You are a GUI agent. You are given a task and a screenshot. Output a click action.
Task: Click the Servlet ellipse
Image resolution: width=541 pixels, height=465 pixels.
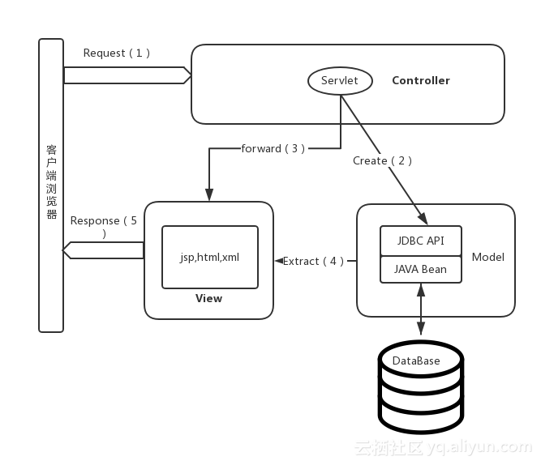[340, 80]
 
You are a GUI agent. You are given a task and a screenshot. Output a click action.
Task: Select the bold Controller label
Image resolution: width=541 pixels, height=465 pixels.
[420, 80]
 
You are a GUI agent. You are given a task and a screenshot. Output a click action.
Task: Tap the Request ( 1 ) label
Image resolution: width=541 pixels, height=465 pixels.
[117, 53]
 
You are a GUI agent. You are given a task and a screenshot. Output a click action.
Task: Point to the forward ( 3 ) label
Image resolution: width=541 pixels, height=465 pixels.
[273, 148]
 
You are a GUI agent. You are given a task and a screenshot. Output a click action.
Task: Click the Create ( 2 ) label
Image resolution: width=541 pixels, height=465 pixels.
[382, 160]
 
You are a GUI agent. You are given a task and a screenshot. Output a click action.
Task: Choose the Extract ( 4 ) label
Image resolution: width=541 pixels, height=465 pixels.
[313, 261]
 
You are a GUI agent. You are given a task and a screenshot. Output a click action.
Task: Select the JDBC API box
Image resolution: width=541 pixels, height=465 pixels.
[420, 241]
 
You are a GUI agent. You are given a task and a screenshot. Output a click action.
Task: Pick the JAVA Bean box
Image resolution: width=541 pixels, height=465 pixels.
[420, 269]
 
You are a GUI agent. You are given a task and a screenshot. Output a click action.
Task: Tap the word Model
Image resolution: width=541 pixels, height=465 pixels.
[487, 257]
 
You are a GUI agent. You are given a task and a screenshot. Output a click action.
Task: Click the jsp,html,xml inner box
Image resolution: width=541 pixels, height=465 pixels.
[209, 257]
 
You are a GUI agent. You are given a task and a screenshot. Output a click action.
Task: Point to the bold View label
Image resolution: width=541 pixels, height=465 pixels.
[208, 298]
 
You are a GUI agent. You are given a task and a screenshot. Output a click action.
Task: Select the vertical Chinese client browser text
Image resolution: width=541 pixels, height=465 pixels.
[51, 182]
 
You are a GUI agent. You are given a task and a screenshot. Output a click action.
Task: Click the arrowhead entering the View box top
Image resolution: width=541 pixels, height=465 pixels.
[208, 196]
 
